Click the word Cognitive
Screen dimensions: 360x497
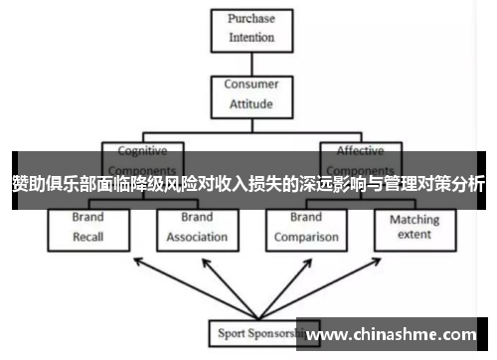(x=143, y=151)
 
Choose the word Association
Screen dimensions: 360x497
(x=196, y=237)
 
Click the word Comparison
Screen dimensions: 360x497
(x=305, y=237)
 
